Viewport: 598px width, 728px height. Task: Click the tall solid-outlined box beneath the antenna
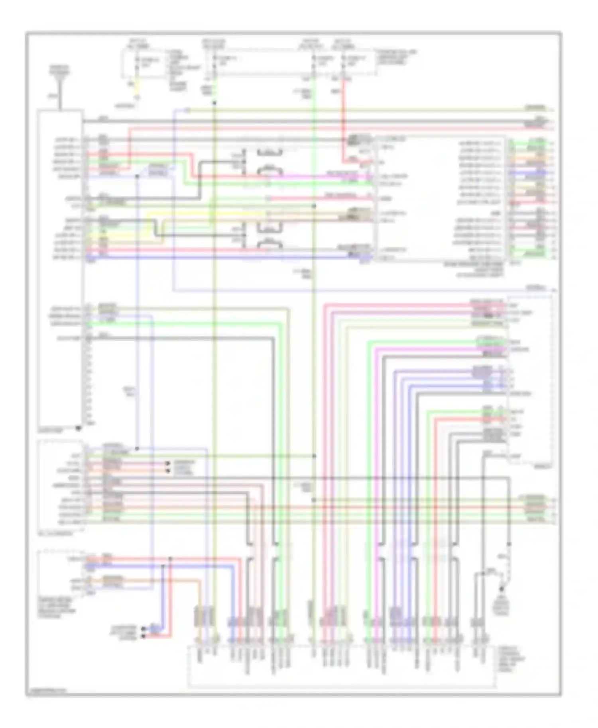click(60, 267)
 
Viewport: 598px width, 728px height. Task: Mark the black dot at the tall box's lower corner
click(79, 429)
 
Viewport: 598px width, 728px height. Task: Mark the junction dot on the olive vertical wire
click(214, 103)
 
